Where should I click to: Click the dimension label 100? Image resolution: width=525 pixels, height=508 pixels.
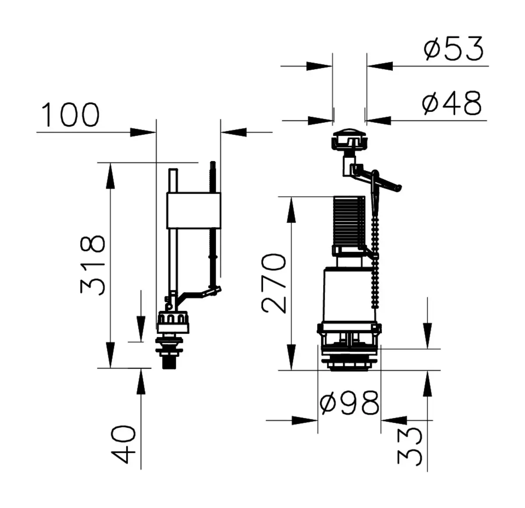[x=71, y=115]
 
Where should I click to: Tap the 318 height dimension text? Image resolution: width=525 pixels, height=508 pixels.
[x=92, y=265]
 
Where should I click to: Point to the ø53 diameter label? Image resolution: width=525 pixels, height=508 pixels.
[x=453, y=49]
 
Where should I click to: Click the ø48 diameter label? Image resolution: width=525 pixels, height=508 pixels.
[x=451, y=103]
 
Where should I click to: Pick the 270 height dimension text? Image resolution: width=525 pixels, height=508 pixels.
[x=273, y=283]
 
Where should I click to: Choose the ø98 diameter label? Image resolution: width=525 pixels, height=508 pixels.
[x=350, y=403]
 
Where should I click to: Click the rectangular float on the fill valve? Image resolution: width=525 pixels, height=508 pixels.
[x=193, y=211]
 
